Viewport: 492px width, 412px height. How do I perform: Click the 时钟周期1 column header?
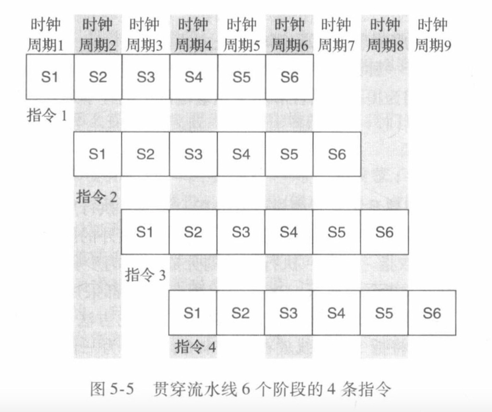point(46,35)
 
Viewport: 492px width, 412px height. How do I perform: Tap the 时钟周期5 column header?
point(241,35)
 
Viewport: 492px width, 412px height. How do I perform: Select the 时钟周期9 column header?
point(433,35)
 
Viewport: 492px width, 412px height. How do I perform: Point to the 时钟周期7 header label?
point(336,35)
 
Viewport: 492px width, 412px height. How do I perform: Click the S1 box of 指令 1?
point(50,77)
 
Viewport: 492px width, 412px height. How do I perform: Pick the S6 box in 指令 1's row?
point(289,77)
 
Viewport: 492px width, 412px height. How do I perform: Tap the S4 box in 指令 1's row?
point(194,77)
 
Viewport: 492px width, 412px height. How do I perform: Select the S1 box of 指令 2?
point(97,154)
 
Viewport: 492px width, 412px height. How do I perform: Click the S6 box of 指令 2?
point(337,154)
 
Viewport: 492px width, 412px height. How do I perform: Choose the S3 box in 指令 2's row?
point(193,154)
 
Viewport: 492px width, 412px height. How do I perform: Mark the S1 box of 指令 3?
point(145,232)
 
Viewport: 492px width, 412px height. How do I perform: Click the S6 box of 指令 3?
point(385,232)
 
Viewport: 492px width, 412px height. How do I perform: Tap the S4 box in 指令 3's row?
point(289,232)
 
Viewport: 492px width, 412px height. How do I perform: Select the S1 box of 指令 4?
point(192,313)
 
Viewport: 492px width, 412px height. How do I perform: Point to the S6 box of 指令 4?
point(432,313)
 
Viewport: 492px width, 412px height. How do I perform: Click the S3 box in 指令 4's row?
point(288,313)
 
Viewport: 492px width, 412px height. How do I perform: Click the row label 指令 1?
point(47,115)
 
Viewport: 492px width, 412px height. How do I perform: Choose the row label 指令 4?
point(195,347)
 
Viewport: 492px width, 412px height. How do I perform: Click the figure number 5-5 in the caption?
point(122,389)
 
